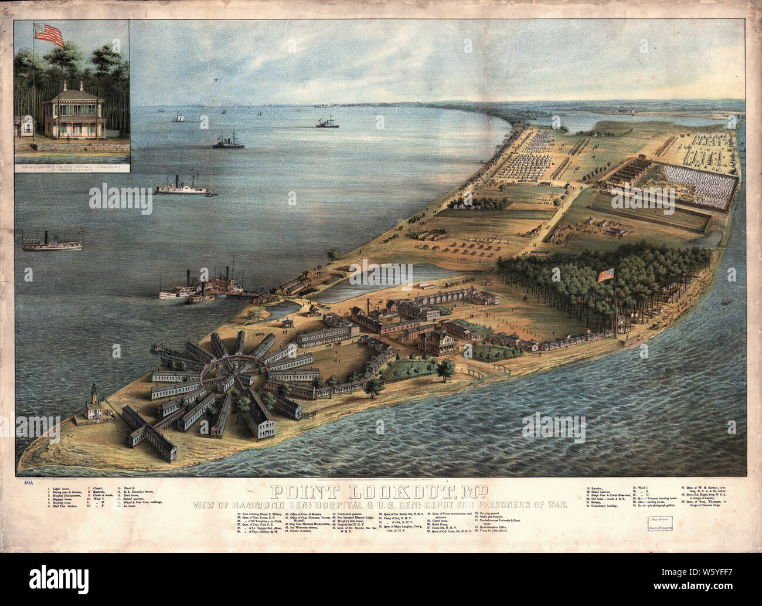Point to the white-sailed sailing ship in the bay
pos(176,117)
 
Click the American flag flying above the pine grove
pos(605,275)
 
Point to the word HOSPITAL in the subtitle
pos(341,504)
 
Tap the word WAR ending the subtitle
pos(555,504)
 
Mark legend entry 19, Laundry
pos(597,487)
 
